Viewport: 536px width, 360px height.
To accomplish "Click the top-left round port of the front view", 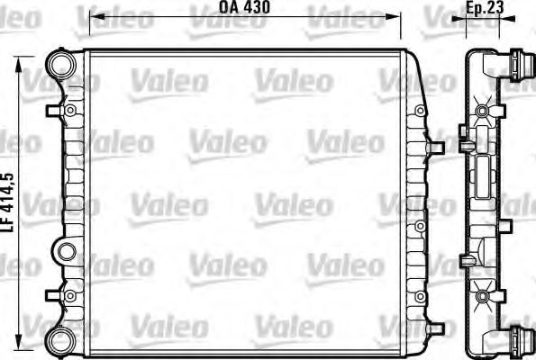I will (x=60, y=65).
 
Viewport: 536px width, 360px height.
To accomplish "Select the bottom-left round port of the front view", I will (x=60, y=339).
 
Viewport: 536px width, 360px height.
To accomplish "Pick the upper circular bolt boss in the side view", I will (x=483, y=111).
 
